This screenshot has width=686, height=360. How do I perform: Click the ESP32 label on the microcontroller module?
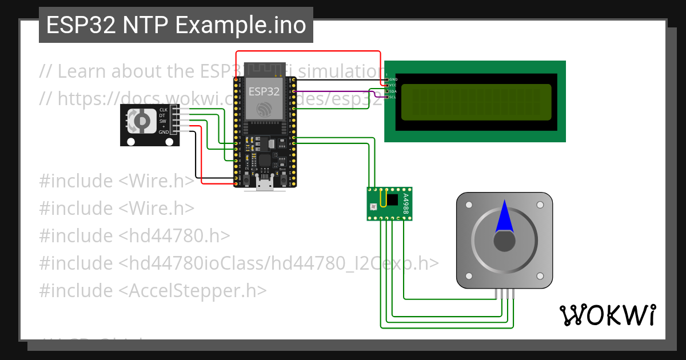click(x=264, y=91)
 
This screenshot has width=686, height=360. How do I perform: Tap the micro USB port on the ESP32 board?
click(x=265, y=183)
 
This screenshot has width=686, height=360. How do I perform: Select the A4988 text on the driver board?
click(x=405, y=203)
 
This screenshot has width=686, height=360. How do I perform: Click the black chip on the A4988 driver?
click(x=392, y=199)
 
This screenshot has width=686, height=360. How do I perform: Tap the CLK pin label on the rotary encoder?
click(x=163, y=109)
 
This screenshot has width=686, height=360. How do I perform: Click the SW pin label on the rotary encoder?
click(x=163, y=121)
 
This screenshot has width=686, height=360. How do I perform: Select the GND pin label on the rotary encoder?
click(x=163, y=132)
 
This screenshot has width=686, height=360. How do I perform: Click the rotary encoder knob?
click(x=139, y=121)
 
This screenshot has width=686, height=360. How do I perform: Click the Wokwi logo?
click(x=607, y=315)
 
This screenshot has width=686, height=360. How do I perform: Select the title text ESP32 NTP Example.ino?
click(x=176, y=25)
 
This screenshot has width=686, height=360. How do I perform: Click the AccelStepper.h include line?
click(x=153, y=290)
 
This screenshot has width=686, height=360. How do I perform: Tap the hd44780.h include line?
click(x=134, y=235)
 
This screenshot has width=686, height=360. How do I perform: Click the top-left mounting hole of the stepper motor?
click(x=469, y=205)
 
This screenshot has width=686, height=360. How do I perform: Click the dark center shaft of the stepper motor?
click(x=504, y=242)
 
